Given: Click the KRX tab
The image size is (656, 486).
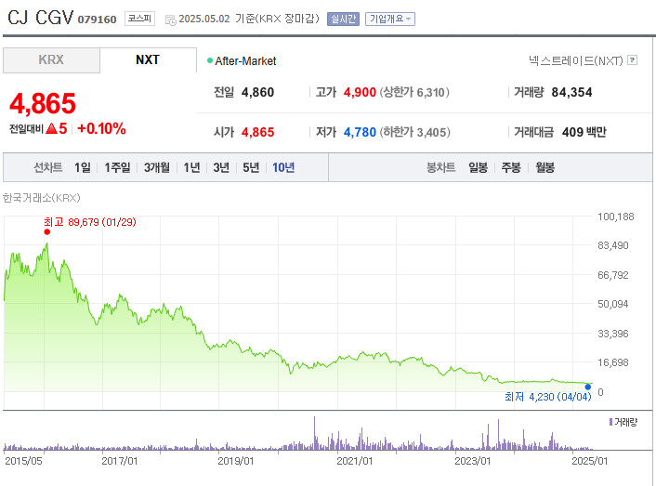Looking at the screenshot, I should [x=51, y=60].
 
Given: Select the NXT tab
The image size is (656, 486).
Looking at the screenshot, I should [x=148, y=60].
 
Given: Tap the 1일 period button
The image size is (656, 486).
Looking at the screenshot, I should [x=83, y=167].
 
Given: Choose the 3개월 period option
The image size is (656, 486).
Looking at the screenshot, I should [x=157, y=167].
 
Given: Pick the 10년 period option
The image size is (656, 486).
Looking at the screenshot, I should [x=283, y=167].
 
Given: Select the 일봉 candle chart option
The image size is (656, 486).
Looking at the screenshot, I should [x=479, y=167].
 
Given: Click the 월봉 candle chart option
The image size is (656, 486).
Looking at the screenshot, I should [x=544, y=167].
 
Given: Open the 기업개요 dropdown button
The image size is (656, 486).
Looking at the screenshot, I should [x=390, y=19].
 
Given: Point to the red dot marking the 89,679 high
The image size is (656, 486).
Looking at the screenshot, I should [x=46, y=232].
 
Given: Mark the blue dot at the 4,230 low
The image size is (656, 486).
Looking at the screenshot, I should [x=588, y=387].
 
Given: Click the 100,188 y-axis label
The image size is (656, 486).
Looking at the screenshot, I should [x=615, y=217].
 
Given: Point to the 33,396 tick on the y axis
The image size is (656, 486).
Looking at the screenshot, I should [x=615, y=333].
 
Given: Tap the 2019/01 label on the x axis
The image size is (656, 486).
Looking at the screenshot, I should [x=236, y=460].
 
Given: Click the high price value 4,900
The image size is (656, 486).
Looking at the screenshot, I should [x=360, y=92].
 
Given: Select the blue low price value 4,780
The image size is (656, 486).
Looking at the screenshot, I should [x=360, y=132].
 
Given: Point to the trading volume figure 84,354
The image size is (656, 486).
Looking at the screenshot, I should [x=571, y=92].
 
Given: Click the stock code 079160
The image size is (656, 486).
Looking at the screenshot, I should [x=98, y=19].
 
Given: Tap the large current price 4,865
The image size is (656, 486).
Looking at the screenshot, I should [x=43, y=103].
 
